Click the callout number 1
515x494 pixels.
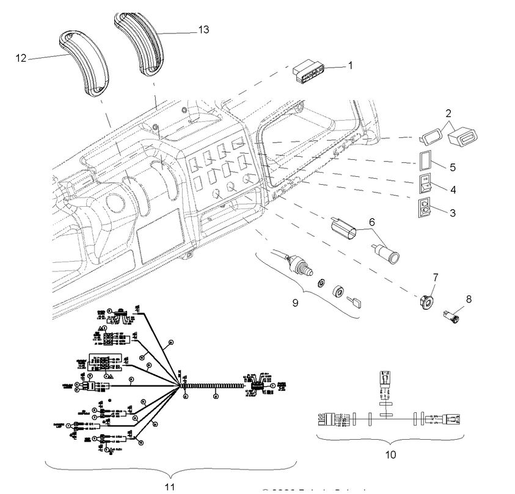click(350, 66)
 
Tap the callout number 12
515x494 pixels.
click(21, 59)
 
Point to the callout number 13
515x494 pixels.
click(204, 30)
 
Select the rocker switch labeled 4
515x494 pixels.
click(425, 184)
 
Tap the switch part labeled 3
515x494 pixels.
click(425, 208)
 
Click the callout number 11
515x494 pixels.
click(170, 486)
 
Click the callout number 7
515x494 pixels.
click(435, 277)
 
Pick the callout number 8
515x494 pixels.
click(469, 299)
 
